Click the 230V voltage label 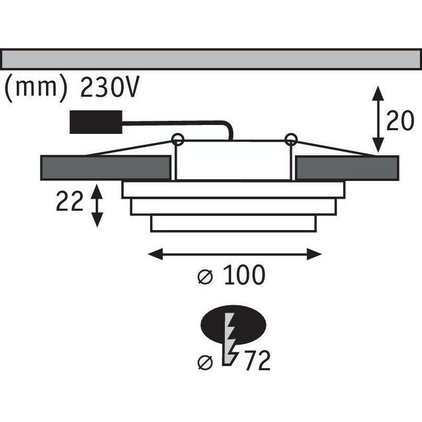(x=109, y=88)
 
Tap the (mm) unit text (x=36, y=88)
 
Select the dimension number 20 (x=401, y=122)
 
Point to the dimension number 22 (x=70, y=202)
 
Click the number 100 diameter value (x=245, y=276)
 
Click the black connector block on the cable (x=96, y=122)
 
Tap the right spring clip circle (x=291, y=139)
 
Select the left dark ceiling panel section (x=106, y=167)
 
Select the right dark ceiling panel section (x=346, y=167)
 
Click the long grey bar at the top (x=211, y=59)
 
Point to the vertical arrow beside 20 (x=377, y=120)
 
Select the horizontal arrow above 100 (x=234, y=255)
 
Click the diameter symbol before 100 (x=206, y=278)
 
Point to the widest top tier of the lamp (x=233, y=189)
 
